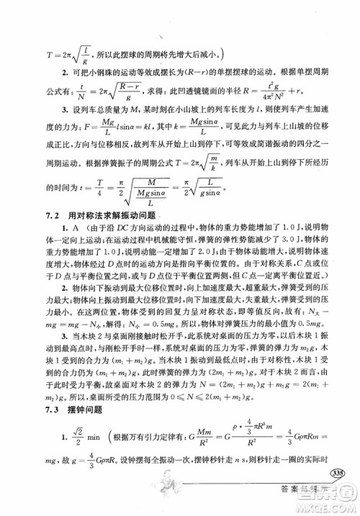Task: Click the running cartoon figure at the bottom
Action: pyautogui.click(x=170, y=492)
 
